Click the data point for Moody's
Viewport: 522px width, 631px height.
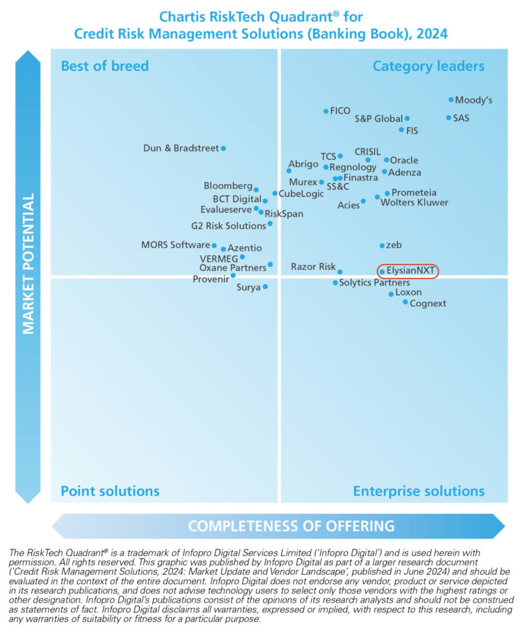click(x=451, y=99)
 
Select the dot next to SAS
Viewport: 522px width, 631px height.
click(x=449, y=118)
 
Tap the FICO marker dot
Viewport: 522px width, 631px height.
click(x=326, y=111)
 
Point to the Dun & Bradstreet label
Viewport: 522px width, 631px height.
click(x=181, y=148)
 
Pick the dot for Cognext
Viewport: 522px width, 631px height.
click(x=406, y=302)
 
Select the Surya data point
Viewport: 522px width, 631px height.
click(x=266, y=287)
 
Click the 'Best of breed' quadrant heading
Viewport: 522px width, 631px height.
click(x=105, y=66)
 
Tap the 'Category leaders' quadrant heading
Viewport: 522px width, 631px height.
click(x=428, y=66)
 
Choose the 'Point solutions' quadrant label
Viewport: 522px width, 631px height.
click(x=110, y=491)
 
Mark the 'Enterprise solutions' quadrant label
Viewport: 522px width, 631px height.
click(x=418, y=491)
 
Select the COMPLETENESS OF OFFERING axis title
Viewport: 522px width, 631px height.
click(x=291, y=526)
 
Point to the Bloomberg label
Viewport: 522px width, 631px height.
click(x=228, y=185)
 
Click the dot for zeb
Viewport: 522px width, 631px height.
click(x=382, y=245)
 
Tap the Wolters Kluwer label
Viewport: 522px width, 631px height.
click(x=414, y=202)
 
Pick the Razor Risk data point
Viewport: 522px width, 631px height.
click(x=340, y=272)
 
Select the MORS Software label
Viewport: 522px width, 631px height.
click(x=175, y=245)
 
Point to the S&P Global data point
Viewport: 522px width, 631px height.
click(x=407, y=118)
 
